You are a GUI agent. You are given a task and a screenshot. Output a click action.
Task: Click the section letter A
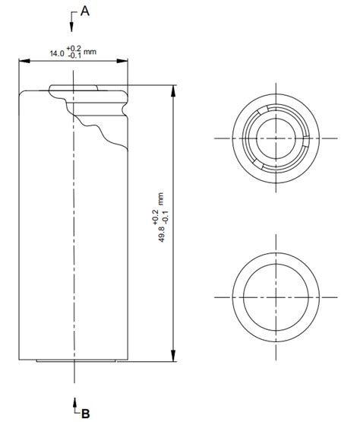click(84, 11)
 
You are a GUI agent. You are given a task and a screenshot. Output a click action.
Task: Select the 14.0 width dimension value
click(55, 54)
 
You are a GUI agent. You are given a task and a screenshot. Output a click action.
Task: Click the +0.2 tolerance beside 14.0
click(73, 49)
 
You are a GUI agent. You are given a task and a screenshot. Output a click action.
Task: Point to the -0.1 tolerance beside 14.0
click(73, 57)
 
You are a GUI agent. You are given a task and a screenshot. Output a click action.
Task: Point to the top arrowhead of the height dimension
click(174, 89)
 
